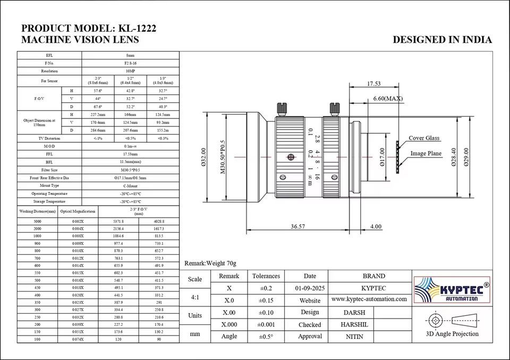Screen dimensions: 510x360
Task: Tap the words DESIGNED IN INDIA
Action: (x=442, y=40)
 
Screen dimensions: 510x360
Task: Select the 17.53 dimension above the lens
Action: (x=374, y=83)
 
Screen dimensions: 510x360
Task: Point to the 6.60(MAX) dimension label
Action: (x=388, y=99)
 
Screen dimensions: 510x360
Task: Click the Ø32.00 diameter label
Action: (x=204, y=157)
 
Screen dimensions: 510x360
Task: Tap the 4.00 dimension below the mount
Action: (x=376, y=226)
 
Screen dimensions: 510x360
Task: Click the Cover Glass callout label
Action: (x=424, y=138)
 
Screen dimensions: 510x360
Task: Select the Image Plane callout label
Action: (x=426, y=154)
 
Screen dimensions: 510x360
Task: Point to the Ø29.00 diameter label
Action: (x=466, y=157)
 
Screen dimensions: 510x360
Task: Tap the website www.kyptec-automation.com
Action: (x=369, y=299)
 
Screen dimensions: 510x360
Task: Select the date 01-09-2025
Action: (x=310, y=288)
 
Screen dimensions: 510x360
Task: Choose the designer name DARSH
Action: (x=355, y=313)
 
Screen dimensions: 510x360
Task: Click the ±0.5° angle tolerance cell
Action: (x=266, y=337)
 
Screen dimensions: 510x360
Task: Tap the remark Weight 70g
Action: (x=210, y=263)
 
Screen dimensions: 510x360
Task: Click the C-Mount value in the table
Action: (x=130, y=186)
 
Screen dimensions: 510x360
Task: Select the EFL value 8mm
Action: (x=130, y=55)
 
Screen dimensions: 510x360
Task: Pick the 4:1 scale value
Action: (x=195, y=298)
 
